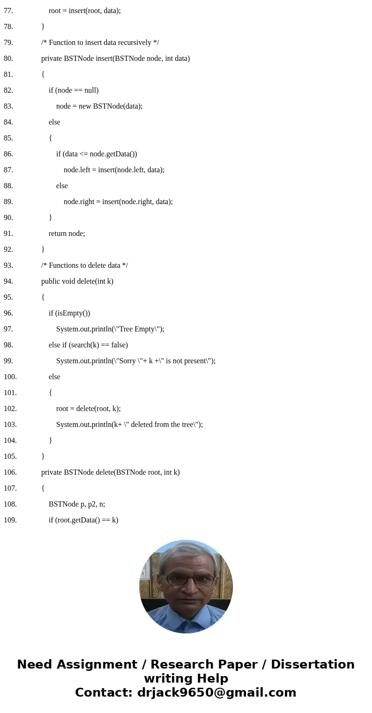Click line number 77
pos(8,10)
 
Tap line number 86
pos(8,154)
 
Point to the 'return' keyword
pos(58,233)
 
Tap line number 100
pos(10,376)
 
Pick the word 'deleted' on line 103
pos(140,424)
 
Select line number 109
pos(10,520)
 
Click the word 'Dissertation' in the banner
pos(312,664)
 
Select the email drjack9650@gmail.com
pos(216,692)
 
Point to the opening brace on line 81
pos(43,74)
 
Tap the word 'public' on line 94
pos(51,281)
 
